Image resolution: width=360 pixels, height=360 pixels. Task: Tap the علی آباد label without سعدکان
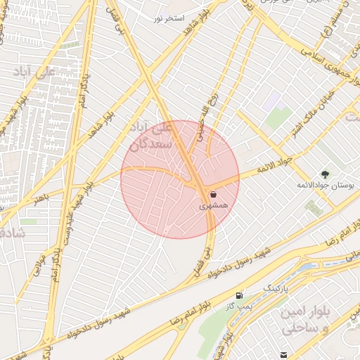[x=34, y=72]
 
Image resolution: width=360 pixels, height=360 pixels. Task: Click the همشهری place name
[x=210, y=207]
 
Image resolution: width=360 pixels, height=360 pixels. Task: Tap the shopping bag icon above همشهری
[x=212, y=194]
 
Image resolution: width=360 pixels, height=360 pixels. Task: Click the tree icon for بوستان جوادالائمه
[x=324, y=174]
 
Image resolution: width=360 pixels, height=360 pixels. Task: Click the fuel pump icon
[x=241, y=295]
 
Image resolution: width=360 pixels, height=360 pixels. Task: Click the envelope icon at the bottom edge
[x=283, y=355]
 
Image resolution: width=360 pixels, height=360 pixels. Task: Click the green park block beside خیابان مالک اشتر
[x=278, y=117]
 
